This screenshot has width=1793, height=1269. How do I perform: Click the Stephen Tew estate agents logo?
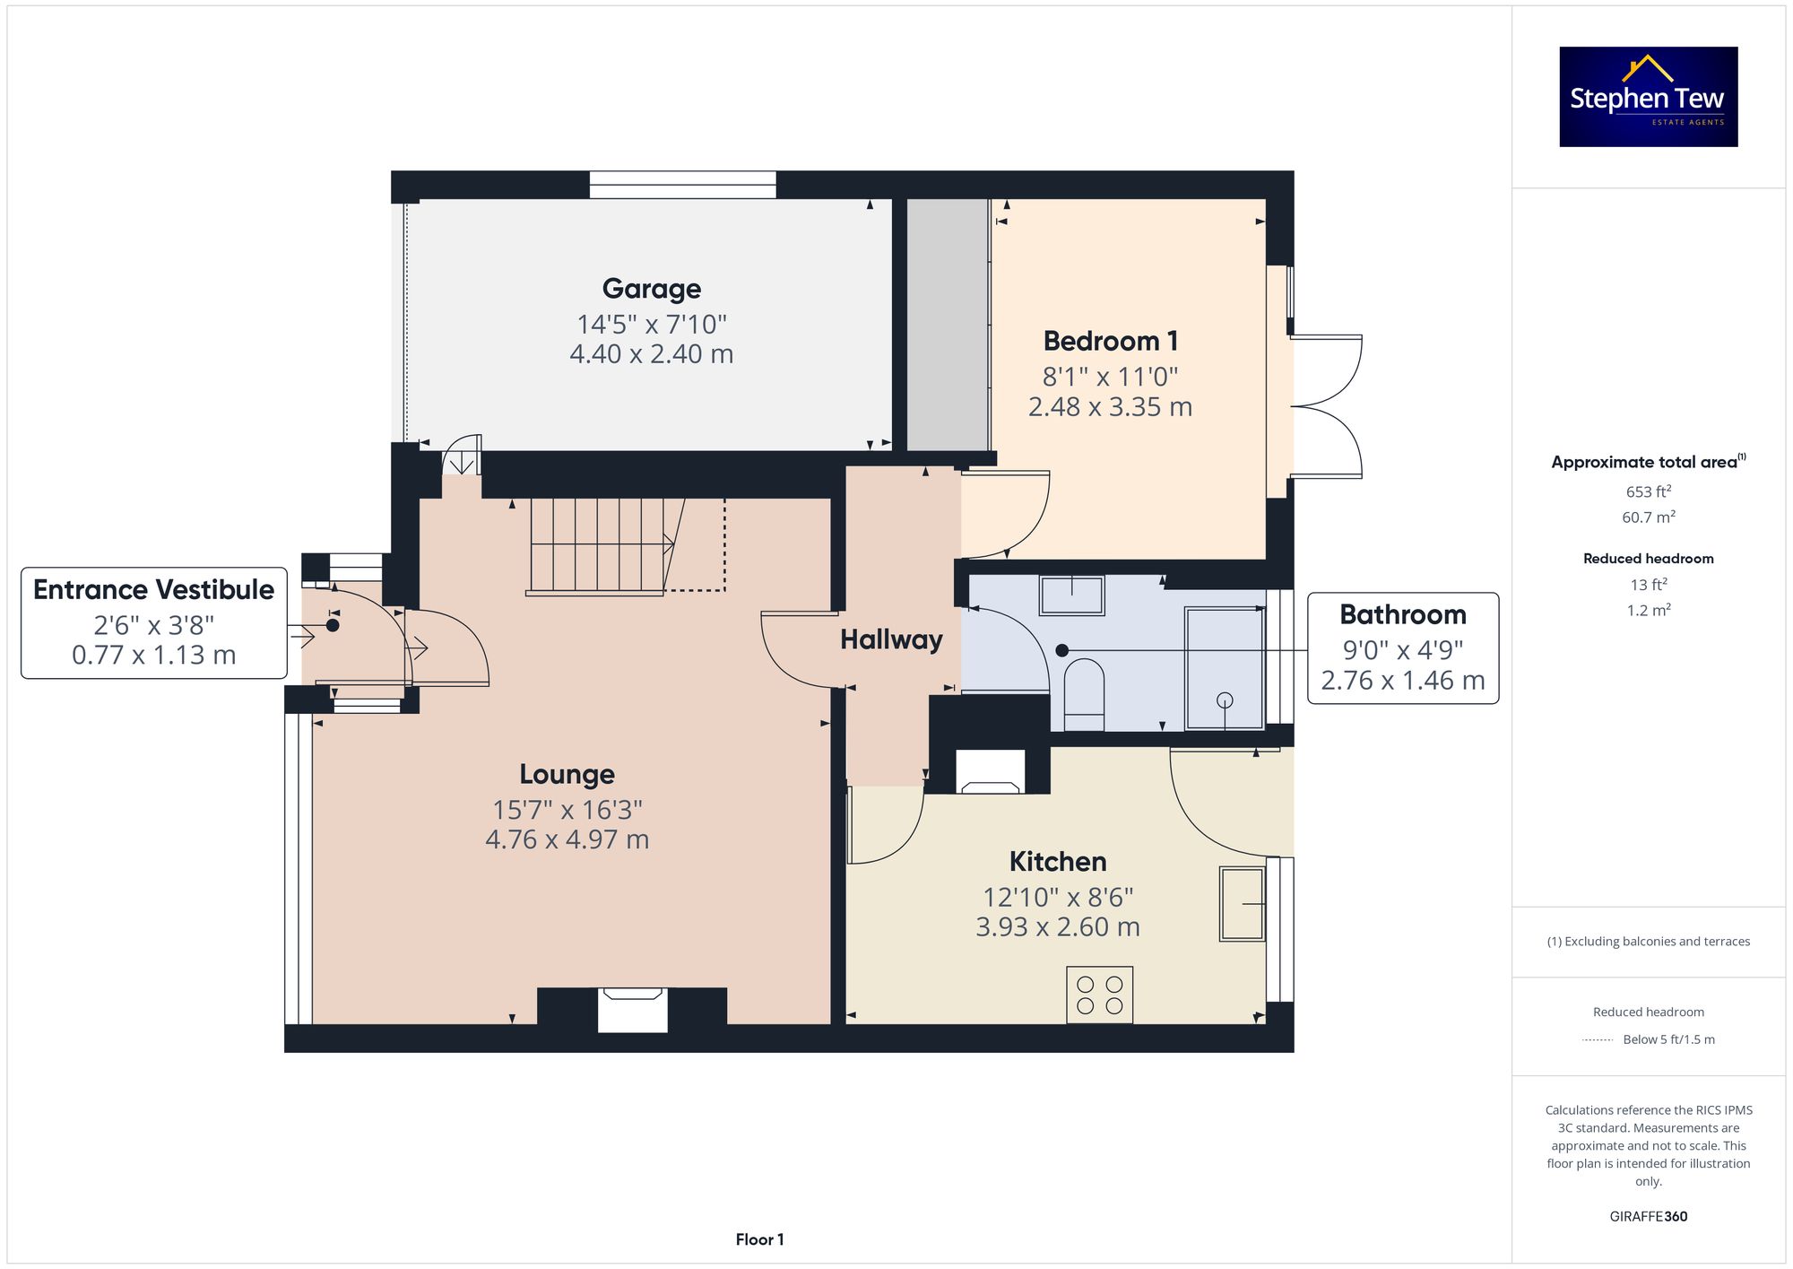[1649, 97]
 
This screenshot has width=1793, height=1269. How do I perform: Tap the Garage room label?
[652, 289]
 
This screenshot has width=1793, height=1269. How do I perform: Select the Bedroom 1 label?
[1111, 341]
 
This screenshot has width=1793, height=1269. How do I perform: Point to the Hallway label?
[891, 639]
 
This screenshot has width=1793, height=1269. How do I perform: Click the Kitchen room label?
[1058, 862]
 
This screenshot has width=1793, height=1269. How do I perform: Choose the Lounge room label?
[567, 774]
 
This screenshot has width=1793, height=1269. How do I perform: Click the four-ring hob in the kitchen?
[1100, 995]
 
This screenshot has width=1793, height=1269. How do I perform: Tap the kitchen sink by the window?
[1243, 903]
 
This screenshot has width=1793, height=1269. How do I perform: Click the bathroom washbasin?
[1072, 595]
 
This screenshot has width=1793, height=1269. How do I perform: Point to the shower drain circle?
[1226, 700]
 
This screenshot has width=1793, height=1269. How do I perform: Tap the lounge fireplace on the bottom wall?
[633, 1010]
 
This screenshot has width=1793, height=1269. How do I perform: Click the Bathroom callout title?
[1403, 614]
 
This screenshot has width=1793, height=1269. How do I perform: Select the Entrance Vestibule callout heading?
[154, 589]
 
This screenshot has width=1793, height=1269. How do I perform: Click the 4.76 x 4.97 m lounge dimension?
[567, 839]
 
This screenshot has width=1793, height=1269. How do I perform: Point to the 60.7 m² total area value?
[1649, 517]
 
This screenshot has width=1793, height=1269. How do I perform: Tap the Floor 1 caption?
[760, 1239]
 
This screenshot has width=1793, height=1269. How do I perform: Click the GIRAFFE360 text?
[1649, 1217]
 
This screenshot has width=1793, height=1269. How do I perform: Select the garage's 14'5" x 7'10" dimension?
[652, 324]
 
